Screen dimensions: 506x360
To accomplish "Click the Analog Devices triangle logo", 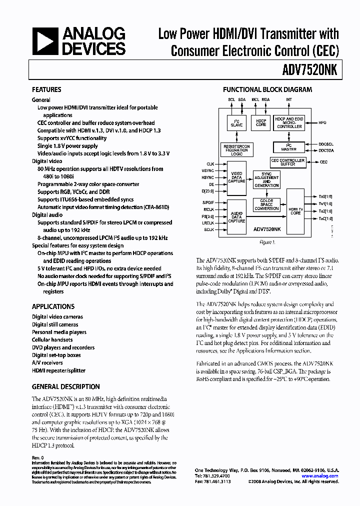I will (45, 41).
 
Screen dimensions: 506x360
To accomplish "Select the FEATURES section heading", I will (46, 89).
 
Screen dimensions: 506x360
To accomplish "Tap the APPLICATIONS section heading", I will (53, 306).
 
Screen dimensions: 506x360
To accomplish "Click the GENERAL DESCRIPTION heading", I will (65, 386).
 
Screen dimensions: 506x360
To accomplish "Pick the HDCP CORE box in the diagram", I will (261, 123).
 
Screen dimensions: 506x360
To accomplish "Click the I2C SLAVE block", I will (236, 123).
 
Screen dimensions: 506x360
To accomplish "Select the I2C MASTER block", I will (288, 147).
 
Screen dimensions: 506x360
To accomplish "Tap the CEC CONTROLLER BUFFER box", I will (287, 162).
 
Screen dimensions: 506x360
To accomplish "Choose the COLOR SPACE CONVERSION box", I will (266, 204).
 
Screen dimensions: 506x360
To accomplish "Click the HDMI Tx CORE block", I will (295, 210).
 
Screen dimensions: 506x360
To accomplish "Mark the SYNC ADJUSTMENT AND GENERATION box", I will (266, 180).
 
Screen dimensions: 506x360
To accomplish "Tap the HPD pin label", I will (323, 122).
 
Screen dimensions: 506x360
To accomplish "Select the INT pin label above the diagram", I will (288, 99).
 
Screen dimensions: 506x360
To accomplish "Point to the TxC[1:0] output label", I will (325, 218).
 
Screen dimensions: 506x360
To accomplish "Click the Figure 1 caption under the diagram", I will (267, 242).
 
